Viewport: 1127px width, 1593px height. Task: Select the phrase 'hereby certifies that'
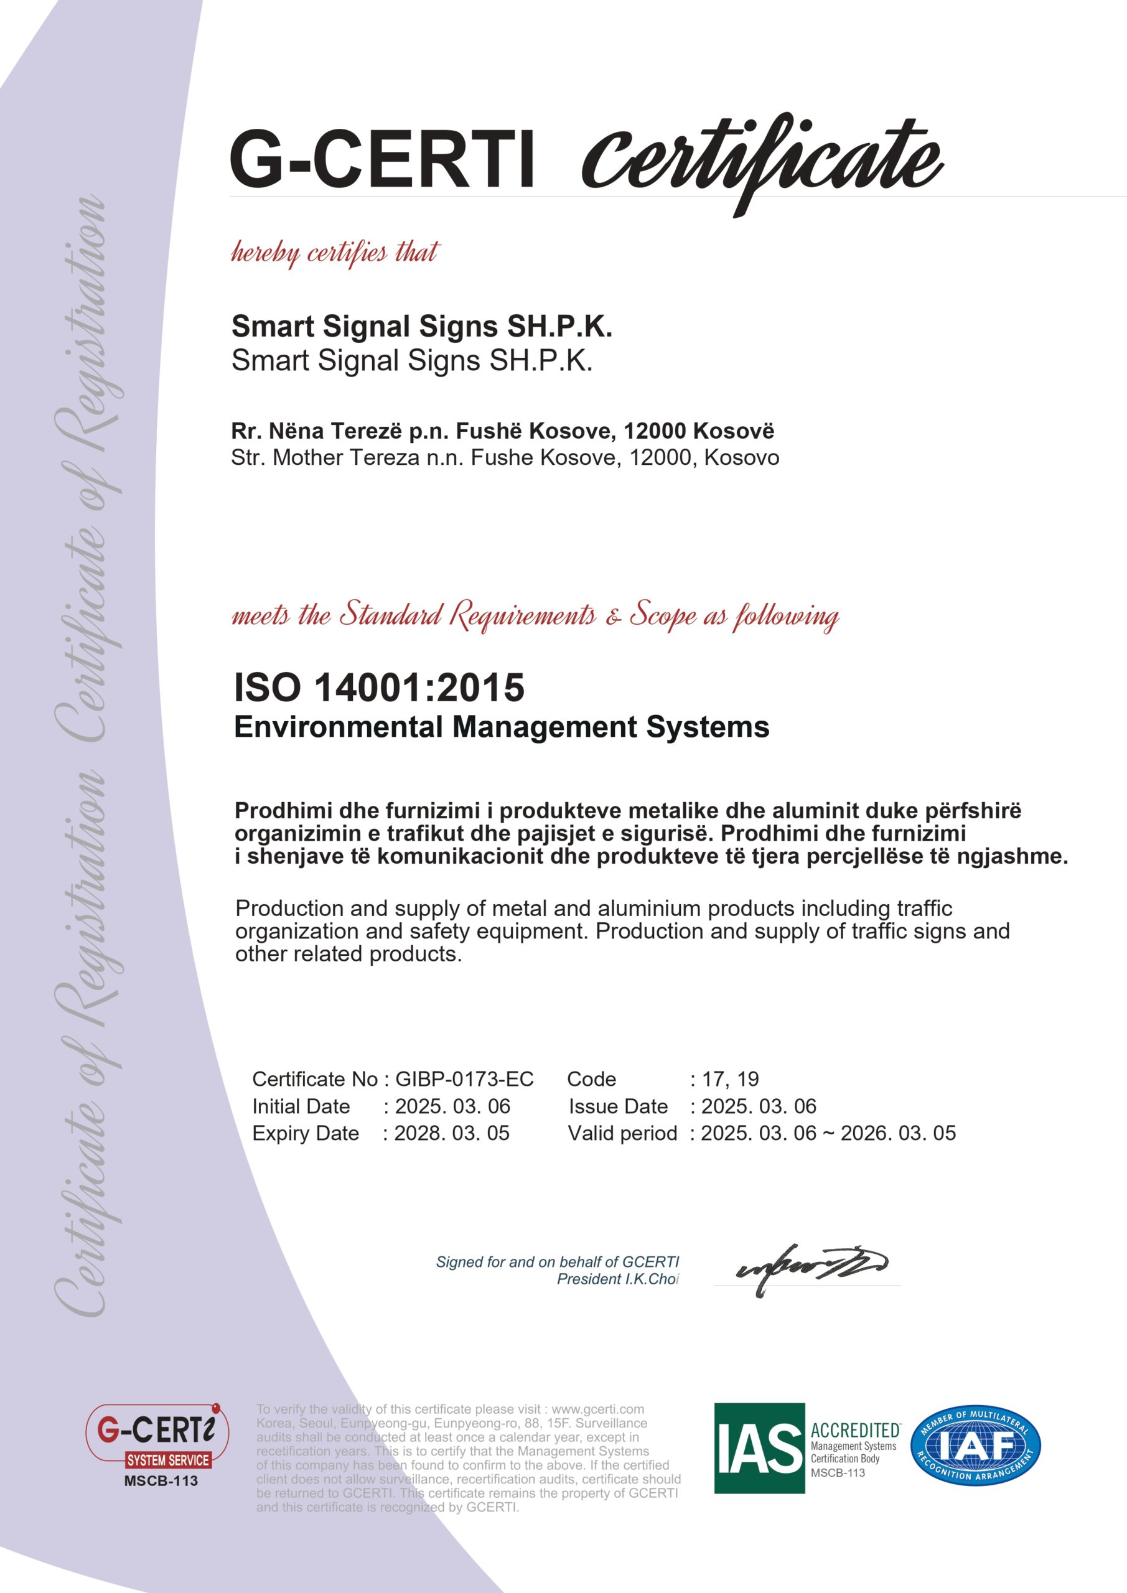tap(335, 253)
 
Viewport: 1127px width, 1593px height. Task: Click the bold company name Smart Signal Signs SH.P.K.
tap(421, 326)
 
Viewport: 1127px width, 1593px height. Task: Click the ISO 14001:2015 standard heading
tap(379, 688)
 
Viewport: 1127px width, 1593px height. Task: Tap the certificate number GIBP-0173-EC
tap(464, 1079)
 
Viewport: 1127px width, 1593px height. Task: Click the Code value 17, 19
tap(730, 1079)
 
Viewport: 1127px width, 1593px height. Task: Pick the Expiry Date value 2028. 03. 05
tap(452, 1133)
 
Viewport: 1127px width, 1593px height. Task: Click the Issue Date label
tap(617, 1106)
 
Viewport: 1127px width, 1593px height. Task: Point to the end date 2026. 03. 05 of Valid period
tap(898, 1133)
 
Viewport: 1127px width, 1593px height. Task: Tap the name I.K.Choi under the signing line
tap(652, 1279)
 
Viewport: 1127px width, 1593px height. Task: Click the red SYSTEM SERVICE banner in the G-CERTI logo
tap(168, 1460)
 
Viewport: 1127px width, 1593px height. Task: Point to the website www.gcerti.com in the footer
tap(597, 1409)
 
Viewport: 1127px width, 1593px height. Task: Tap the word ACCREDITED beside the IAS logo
tap(855, 1430)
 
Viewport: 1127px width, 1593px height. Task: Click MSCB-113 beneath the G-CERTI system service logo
tap(161, 1480)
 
